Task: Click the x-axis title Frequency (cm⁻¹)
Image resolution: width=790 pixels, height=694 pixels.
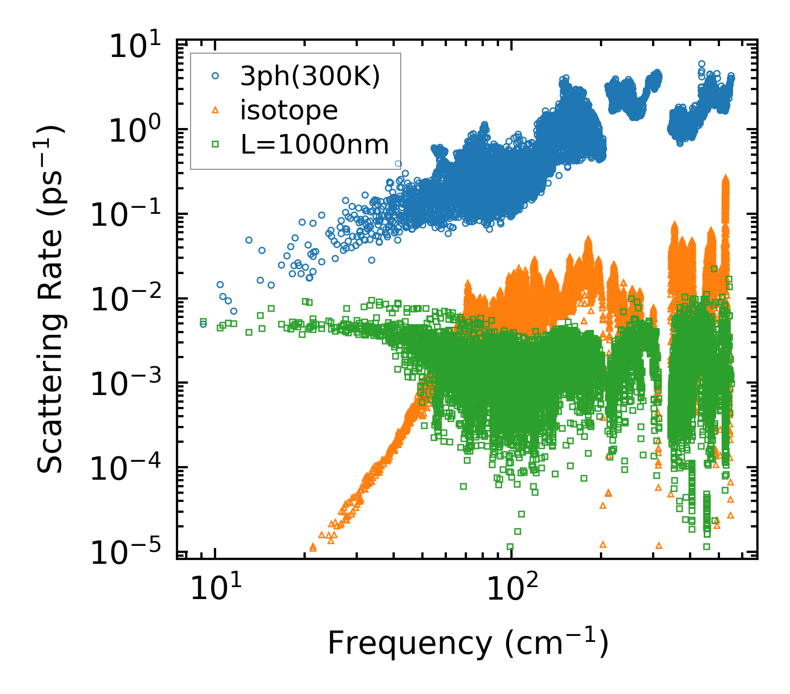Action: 467,644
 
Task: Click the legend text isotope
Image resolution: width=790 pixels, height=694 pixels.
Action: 289,111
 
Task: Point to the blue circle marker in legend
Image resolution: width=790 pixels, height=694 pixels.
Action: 216,77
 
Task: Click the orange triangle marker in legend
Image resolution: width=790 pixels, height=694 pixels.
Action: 216,111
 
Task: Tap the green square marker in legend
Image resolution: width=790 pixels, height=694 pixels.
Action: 216,144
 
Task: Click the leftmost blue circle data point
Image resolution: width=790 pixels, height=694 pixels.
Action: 204,324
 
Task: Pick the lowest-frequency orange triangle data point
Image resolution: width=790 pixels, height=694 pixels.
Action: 313,547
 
